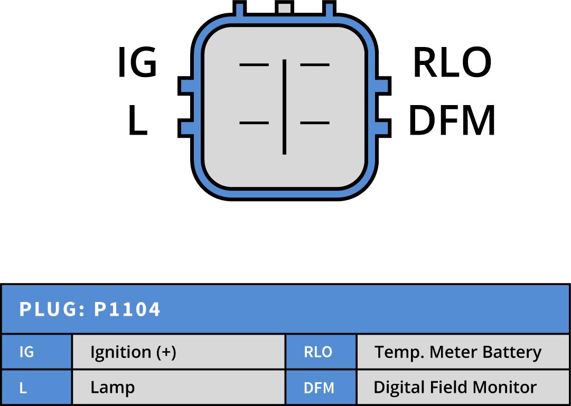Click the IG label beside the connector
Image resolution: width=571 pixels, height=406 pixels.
pos(137,63)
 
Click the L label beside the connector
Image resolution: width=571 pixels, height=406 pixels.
pos(137,120)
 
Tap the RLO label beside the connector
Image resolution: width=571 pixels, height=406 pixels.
pos(452,63)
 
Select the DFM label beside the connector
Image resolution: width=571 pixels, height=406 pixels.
pos(452,121)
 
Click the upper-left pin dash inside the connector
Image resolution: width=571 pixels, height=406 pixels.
pos(254,65)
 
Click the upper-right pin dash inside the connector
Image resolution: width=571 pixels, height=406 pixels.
pos(315,65)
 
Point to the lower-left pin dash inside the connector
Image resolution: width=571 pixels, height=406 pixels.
pos(254,123)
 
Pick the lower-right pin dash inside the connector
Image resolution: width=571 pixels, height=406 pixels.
pos(315,123)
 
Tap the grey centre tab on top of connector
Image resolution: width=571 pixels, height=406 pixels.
pos(284,7)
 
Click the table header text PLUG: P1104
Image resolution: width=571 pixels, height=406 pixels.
pos(90,310)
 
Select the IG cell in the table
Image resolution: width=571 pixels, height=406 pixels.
pos(26,352)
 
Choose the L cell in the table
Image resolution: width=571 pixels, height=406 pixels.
pos(23,388)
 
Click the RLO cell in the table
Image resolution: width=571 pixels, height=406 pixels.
pos(318,352)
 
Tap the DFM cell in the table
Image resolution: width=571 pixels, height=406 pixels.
pos(319,388)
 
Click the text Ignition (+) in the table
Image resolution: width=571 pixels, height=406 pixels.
pos(133,352)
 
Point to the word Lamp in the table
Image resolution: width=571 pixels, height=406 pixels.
pos(113,388)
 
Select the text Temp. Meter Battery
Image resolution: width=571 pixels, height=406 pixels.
pos(458,352)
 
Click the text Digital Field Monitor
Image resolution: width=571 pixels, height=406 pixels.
pos(455,388)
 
